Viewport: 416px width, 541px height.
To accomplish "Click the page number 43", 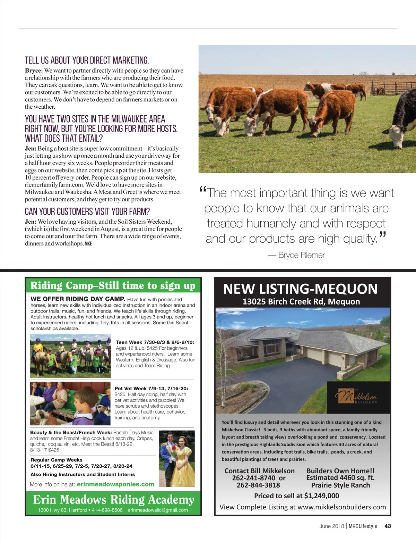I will (388, 526).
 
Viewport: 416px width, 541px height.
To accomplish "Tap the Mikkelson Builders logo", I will (356, 397).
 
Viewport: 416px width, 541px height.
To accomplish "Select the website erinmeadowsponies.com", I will (115, 484).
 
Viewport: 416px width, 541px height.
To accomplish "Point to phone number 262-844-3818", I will (258, 485).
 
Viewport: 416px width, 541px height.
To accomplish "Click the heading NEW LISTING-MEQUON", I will (300, 289).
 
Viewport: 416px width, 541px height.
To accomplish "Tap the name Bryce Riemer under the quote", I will (301, 255).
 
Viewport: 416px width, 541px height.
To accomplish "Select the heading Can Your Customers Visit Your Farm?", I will (87, 211).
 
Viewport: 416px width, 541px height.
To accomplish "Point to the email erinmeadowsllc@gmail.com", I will (158, 510).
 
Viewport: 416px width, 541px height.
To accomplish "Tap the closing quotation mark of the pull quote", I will (382, 236).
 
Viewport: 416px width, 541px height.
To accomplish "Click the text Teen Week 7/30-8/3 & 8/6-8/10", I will (155, 342).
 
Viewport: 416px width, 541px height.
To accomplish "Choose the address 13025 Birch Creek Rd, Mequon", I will (301, 301).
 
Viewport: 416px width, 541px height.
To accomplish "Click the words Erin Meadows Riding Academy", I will (114, 499).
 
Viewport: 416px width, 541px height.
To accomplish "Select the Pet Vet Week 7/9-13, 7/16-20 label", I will (151, 389).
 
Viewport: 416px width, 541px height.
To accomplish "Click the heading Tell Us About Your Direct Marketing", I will (87, 60).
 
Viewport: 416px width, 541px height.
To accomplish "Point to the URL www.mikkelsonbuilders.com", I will (341, 507).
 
